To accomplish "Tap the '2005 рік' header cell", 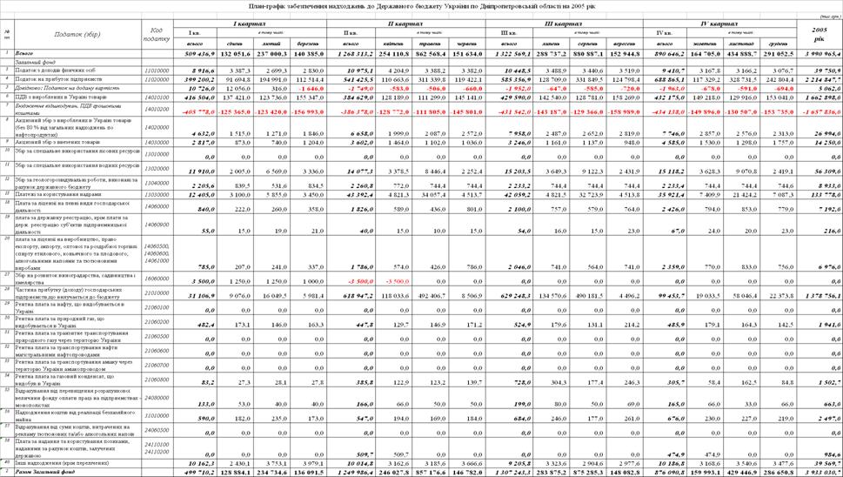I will (819, 34).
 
